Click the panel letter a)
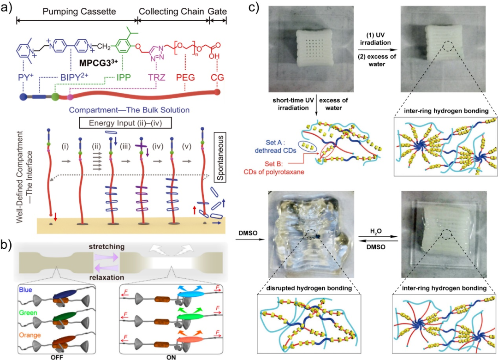coord(6,6)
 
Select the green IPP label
coord(124,77)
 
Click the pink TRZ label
coord(157,77)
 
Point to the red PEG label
coord(185,77)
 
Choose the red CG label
coord(217,77)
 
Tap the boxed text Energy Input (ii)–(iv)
coord(125,123)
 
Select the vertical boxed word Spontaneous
coord(220,157)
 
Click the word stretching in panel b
coord(107,247)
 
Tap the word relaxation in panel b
coord(107,277)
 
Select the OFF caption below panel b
coord(57,357)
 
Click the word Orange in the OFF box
coord(30,335)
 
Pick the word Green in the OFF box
coord(28,313)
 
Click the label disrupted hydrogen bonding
coord(309,288)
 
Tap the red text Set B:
coord(274,164)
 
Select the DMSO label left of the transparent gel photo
coord(248,233)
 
